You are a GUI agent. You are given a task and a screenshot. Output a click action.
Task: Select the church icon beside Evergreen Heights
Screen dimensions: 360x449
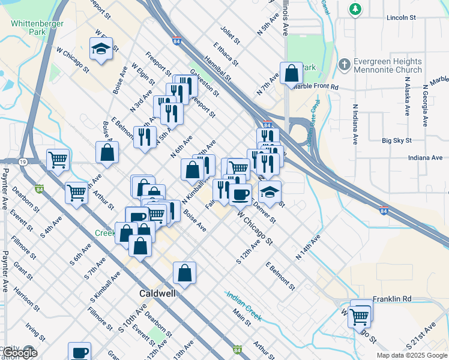(x=345, y=64)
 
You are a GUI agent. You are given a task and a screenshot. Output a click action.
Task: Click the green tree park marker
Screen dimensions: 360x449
(x=355, y=8)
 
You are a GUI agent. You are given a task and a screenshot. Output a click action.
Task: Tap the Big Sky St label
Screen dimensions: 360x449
(x=397, y=140)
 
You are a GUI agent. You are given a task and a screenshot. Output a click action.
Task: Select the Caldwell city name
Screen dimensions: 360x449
(x=157, y=294)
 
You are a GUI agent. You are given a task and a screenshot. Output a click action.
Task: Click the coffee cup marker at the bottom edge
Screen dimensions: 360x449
(x=79, y=352)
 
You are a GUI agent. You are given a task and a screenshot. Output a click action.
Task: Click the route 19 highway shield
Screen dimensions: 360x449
(x=22, y=162)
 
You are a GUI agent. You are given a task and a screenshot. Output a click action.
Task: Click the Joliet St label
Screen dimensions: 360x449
(x=230, y=34)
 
